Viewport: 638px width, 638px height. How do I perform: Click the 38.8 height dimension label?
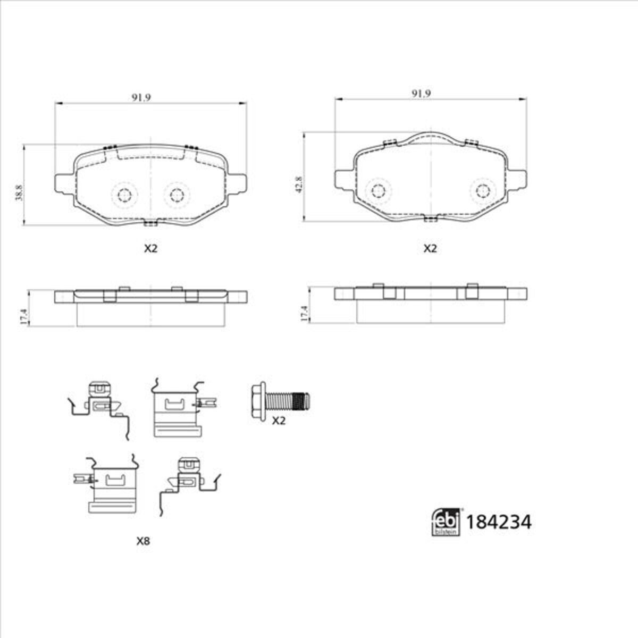(20, 192)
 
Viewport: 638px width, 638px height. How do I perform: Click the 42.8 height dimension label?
(299, 184)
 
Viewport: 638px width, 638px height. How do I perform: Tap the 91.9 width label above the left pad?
(141, 97)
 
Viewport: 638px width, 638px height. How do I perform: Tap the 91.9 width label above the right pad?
(421, 94)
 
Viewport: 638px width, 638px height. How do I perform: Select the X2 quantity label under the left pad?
(150, 248)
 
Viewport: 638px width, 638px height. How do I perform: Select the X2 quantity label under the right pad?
(430, 248)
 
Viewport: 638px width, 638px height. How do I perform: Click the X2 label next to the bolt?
(279, 421)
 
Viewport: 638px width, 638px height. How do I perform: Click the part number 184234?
(499, 523)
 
